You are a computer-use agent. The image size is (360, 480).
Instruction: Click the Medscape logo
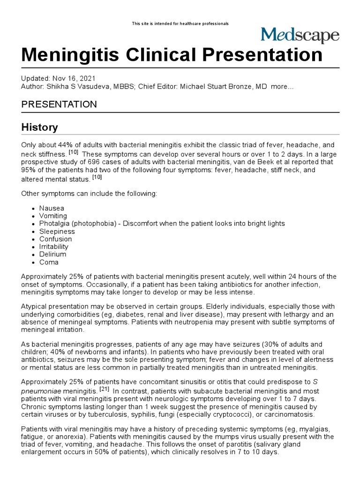(x=300, y=36)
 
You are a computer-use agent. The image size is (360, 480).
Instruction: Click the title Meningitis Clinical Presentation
(x=172, y=55)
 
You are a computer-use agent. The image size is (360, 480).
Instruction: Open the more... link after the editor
(x=283, y=88)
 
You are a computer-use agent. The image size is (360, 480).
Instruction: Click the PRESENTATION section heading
(x=59, y=104)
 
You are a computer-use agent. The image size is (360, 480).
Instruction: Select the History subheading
(x=40, y=127)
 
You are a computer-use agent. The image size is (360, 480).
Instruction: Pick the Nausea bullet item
(x=52, y=208)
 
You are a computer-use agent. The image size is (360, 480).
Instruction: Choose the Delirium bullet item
(x=53, y=254)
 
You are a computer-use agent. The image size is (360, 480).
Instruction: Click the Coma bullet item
(x=50, y=262)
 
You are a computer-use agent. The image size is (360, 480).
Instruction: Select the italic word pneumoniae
(x=41, y=391)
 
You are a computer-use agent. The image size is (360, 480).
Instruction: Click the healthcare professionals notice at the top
(x=180, y=24)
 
